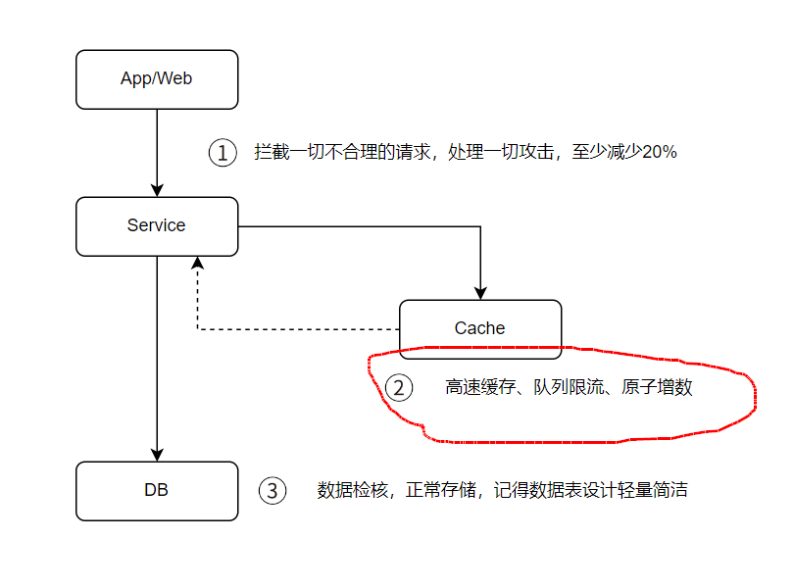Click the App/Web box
pyautogui.click(x=157, y=79)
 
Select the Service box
pyautogui.click(x=157, y=226)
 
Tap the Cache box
pyautogui.click(x=480, y=328)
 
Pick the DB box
pyautogui.click(x=157, y=490)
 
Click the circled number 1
pyautogui.click(x=223, y=153)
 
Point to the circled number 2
pyautogui.click(x=398, y=387)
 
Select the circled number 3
pyautogui.click(x=273, y=490)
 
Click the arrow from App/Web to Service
pyautogui.click(x=157, y=147)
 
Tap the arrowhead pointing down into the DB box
pyautogui.click(x=157, y=454)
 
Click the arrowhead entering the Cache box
pyautogui.click(x=480, y=292)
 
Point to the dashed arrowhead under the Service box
pyautogui.click(x=198, y=263)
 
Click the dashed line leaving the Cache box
pyautogui.click(x=294, y=329)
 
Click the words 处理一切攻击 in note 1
pyautogui.click(x=500, y=153)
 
